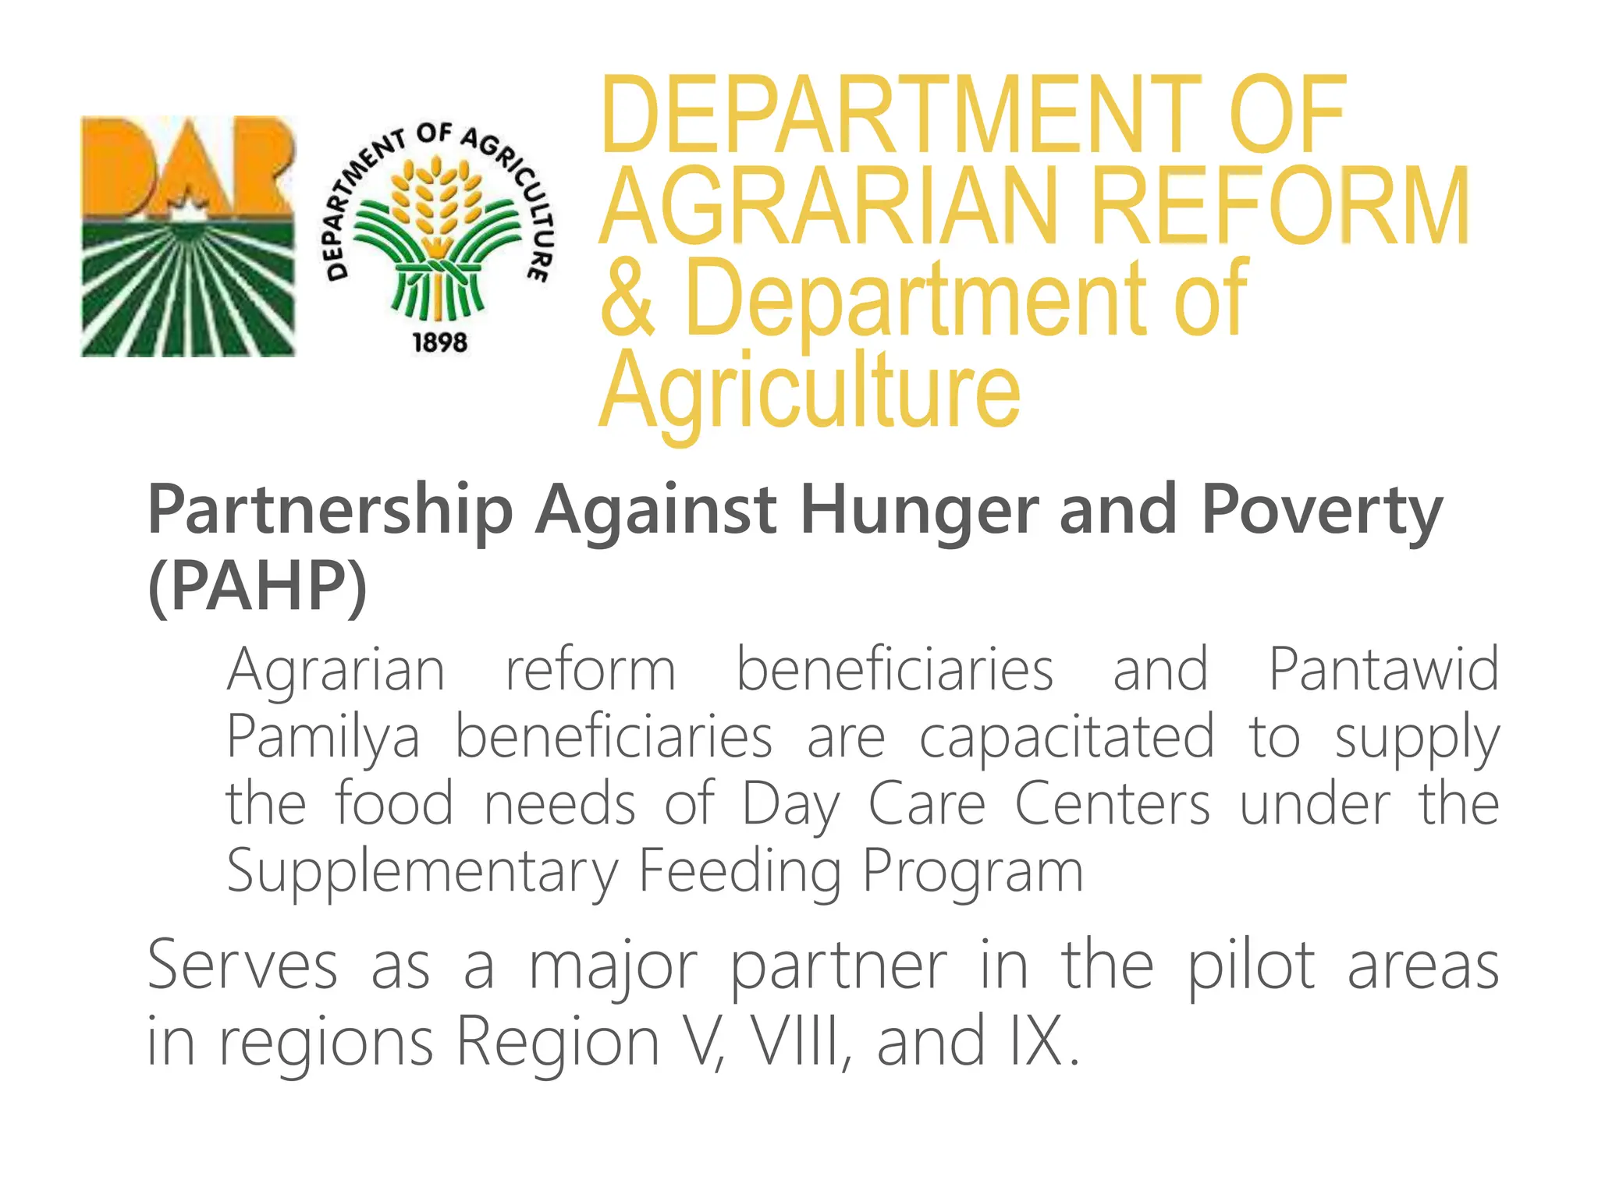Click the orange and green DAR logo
click(x=188, y=236)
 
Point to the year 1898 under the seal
click(x=439, y=342)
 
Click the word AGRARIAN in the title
click(x=830, y=206)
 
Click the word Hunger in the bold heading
click(x=919, y=510)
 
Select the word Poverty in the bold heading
click(x=1322, y=510)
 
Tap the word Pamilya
click(x=323, y=737)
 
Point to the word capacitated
click(x=1066, y=737)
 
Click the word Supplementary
click(x=421, y=871)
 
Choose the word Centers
click(x=1112, y=804)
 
